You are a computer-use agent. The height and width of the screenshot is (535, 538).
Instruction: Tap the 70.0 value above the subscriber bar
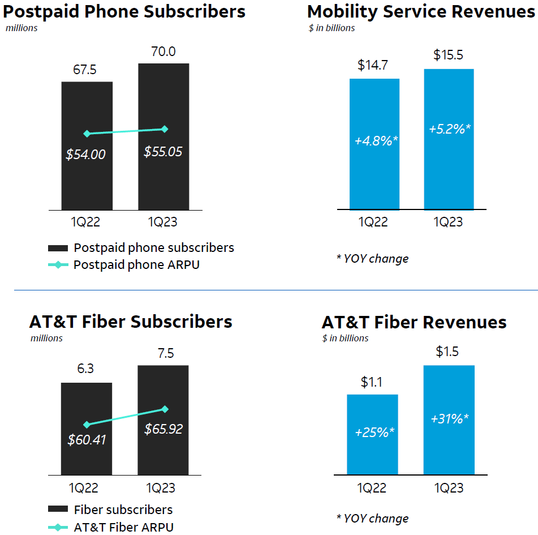pos(163,52)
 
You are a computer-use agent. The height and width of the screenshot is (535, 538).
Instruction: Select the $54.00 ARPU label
pos(86,154)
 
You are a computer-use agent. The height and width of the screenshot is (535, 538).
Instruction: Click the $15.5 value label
pos(449,55)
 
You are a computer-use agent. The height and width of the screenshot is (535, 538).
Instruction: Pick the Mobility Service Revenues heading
pos(421,11)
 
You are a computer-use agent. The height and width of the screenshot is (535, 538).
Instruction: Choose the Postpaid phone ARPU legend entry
pos(136,265)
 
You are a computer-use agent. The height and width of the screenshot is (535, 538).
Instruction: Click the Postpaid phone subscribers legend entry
pos(153,248)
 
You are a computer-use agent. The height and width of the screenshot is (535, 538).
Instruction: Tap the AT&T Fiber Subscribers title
pos(131,322)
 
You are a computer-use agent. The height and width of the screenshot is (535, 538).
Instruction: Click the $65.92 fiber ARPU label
pos(163,429)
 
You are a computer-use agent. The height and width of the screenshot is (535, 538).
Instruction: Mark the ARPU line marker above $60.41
pos(87,425)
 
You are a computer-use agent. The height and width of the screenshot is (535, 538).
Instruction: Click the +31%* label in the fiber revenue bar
pos(449,419)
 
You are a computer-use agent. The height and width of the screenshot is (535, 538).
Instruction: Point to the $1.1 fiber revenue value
pos(372,382)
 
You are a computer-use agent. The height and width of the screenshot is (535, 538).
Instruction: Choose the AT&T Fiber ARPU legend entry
pos(123,527)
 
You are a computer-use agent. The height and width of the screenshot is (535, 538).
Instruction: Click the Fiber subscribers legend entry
pos(123,510)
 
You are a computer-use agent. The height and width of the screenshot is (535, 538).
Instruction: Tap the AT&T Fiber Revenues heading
pos(414,322)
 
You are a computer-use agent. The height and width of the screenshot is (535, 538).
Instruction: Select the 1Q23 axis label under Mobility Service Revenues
pos(448,221)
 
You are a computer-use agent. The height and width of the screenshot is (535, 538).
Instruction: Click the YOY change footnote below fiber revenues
pos(372,518)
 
